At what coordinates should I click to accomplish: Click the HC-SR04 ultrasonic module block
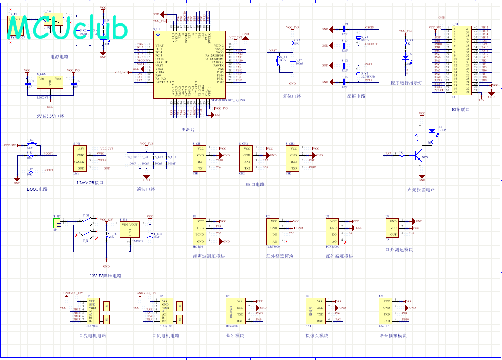[200, 231]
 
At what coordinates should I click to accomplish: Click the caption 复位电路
[292, 96]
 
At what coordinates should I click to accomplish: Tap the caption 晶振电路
[355, 96]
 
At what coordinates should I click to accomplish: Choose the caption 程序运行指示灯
[407, 84]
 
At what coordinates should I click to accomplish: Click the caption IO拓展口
[460, 109]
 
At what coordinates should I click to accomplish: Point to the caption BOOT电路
[37, 189]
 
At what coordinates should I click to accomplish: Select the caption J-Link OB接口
[90, 183]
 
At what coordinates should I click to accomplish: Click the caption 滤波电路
[146, 189]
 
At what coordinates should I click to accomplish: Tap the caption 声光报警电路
[421, 190]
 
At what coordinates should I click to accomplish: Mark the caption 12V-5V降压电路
[106, 275]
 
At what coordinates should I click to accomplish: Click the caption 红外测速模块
[399, 250]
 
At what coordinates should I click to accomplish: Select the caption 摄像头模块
[317, 336]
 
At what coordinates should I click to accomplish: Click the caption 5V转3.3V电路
[50, 116]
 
